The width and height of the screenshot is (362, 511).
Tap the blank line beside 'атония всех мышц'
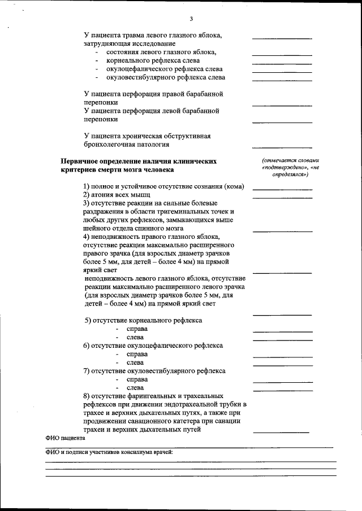tap(282, 198)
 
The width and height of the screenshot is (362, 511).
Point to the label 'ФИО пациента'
tap(65, 438)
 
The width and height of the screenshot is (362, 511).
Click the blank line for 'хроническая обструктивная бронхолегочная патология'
tap(282, 146)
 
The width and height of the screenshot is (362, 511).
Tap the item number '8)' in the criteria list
tap(87, 396)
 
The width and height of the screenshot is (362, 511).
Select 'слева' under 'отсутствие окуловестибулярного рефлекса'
tap(135, 388)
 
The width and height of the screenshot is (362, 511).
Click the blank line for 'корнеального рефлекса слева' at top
tap(282, 63)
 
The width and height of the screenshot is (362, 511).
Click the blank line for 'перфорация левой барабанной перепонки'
tap(282, 123)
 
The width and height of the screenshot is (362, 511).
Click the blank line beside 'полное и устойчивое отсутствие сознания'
tap(282, 189)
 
